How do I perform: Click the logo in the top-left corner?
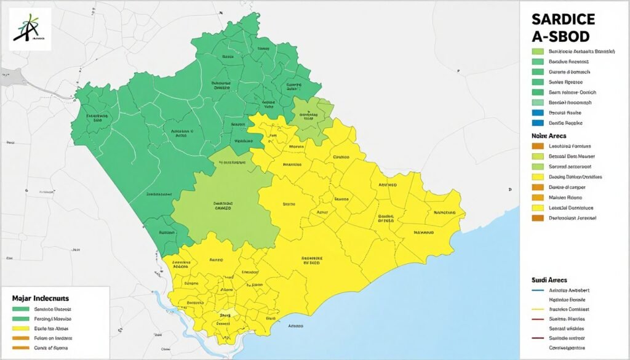(x=30, y=29)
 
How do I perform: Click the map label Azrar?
(x=322, y=211)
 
